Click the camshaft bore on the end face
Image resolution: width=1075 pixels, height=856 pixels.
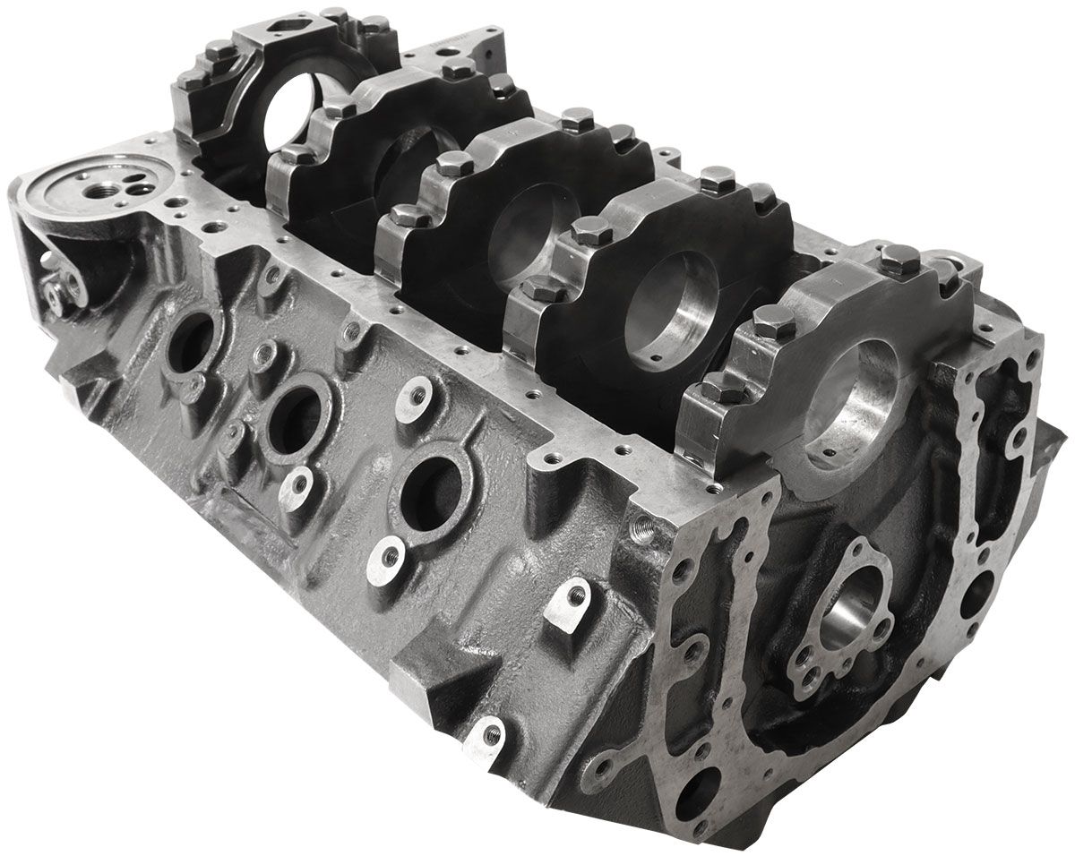point(847,618)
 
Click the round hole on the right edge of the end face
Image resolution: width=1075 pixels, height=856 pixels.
point(976,591)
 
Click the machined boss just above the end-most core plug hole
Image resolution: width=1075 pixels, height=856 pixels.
point(415,393)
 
